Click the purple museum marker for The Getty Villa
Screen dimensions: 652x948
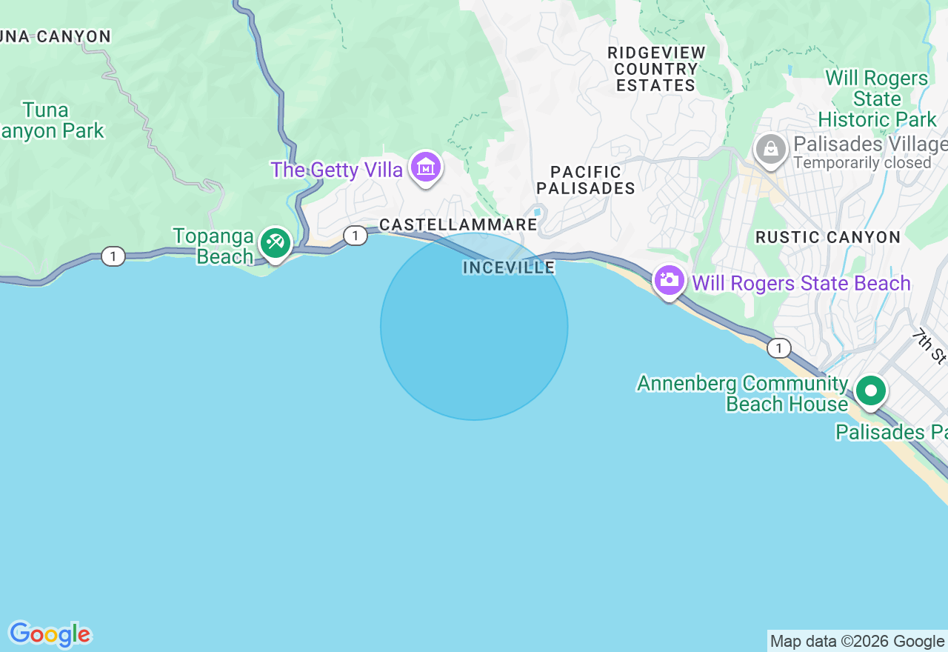(426, 167)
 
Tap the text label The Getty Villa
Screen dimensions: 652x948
(336, 170)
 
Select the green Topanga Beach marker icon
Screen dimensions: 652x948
(275, 242)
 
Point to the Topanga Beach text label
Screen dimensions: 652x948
(213, 246)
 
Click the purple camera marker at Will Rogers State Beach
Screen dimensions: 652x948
(669, 281)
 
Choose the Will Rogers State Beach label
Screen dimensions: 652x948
(801, 283)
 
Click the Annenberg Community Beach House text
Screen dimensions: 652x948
(742, 393)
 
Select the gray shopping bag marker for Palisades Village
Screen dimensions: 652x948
(770, 149)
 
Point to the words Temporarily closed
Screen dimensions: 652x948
(861, 163)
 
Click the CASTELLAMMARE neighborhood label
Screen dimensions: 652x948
(458, 224)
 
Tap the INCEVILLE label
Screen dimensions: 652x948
(509, 267)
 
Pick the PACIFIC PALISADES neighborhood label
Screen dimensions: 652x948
(586, 180)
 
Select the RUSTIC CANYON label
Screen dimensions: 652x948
(827, 237)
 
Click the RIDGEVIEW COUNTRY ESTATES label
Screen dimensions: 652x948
(656, 69)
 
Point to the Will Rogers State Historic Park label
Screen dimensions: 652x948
(877, 99)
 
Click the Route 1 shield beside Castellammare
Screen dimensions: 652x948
(355, 236)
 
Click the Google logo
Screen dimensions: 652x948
(50, 634)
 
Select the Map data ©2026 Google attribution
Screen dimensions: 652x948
(857, 642)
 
